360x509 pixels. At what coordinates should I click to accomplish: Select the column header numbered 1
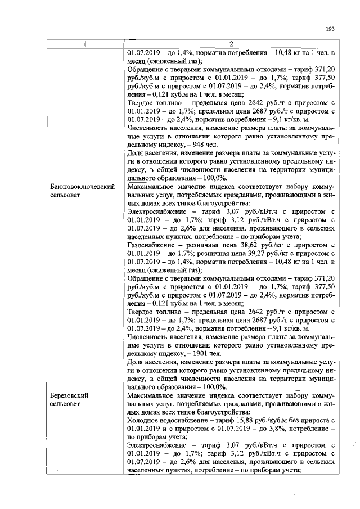84,44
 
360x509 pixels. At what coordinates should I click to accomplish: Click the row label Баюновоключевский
83,186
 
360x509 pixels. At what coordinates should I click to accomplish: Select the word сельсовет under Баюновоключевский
66,194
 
